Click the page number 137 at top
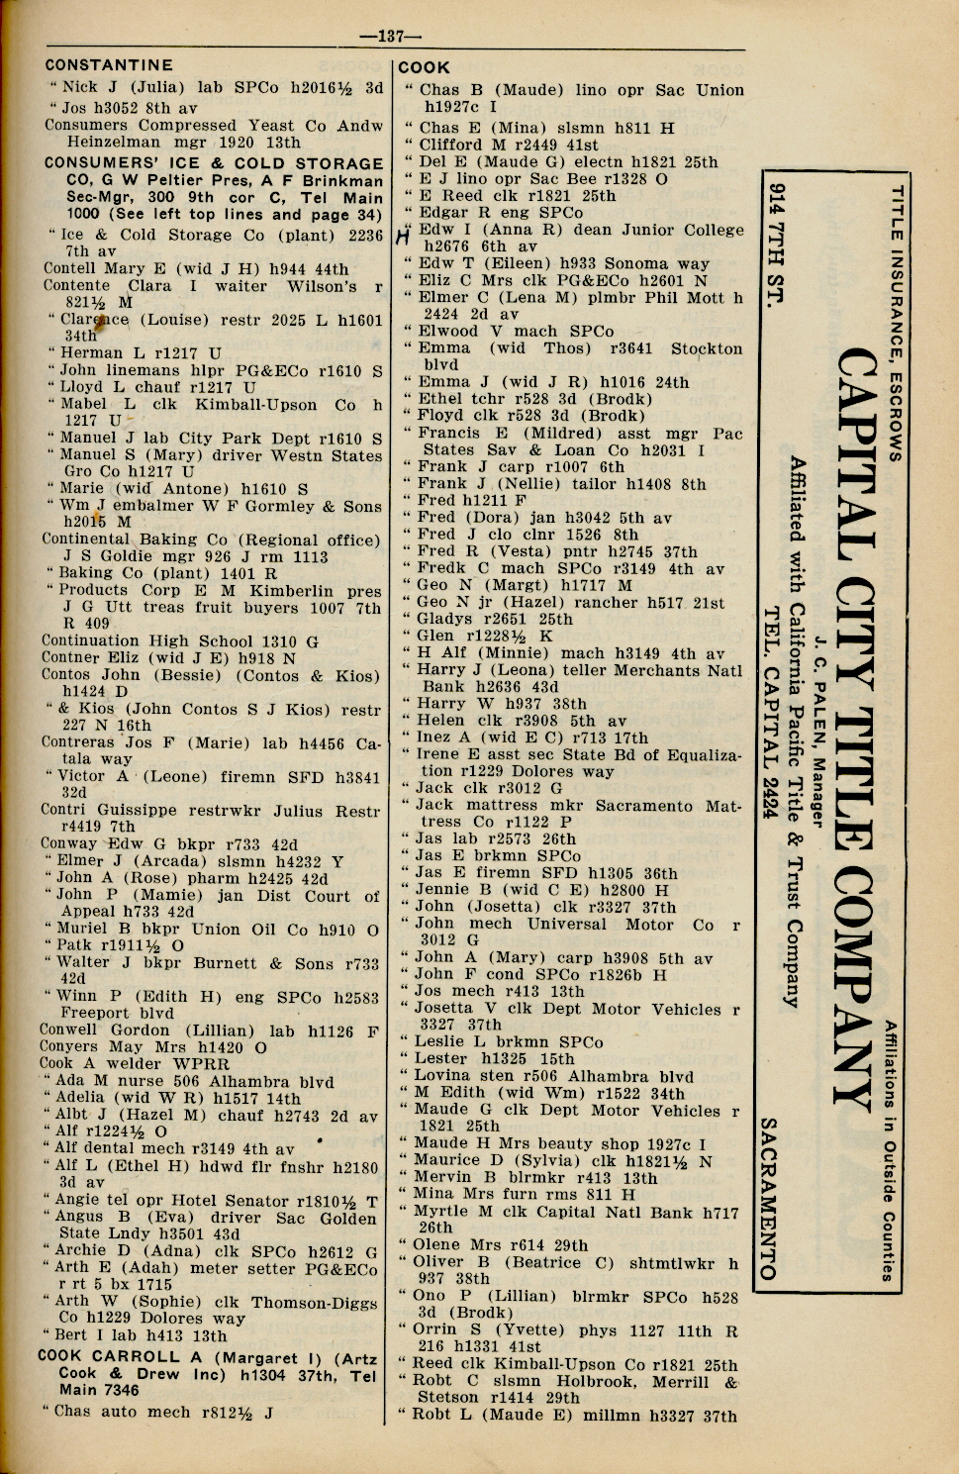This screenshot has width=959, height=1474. (391, 37)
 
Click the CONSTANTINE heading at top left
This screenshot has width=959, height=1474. (109, 65)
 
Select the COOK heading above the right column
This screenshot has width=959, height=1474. (424, 68)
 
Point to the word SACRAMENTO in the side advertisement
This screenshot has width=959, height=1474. (767, 1198)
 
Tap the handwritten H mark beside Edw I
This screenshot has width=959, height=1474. (403, 236)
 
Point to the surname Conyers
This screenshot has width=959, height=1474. (68, 1046)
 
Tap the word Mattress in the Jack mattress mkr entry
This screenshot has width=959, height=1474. (710, 806)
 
